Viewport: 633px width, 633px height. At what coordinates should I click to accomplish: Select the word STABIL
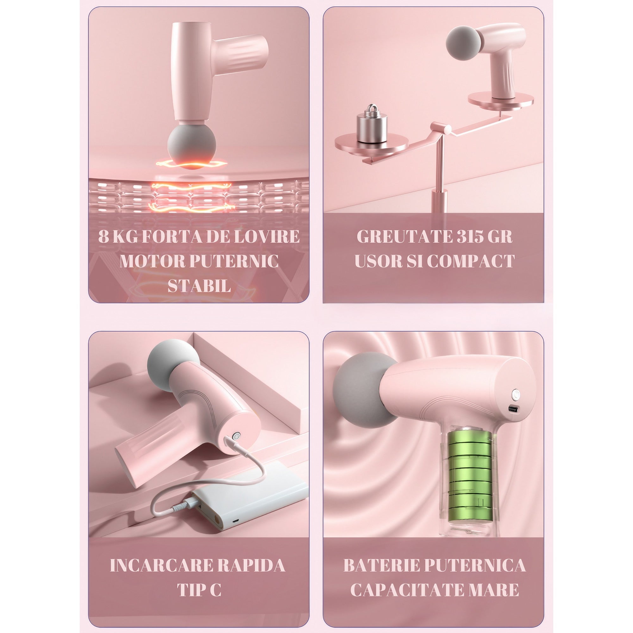tap(199, 286)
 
